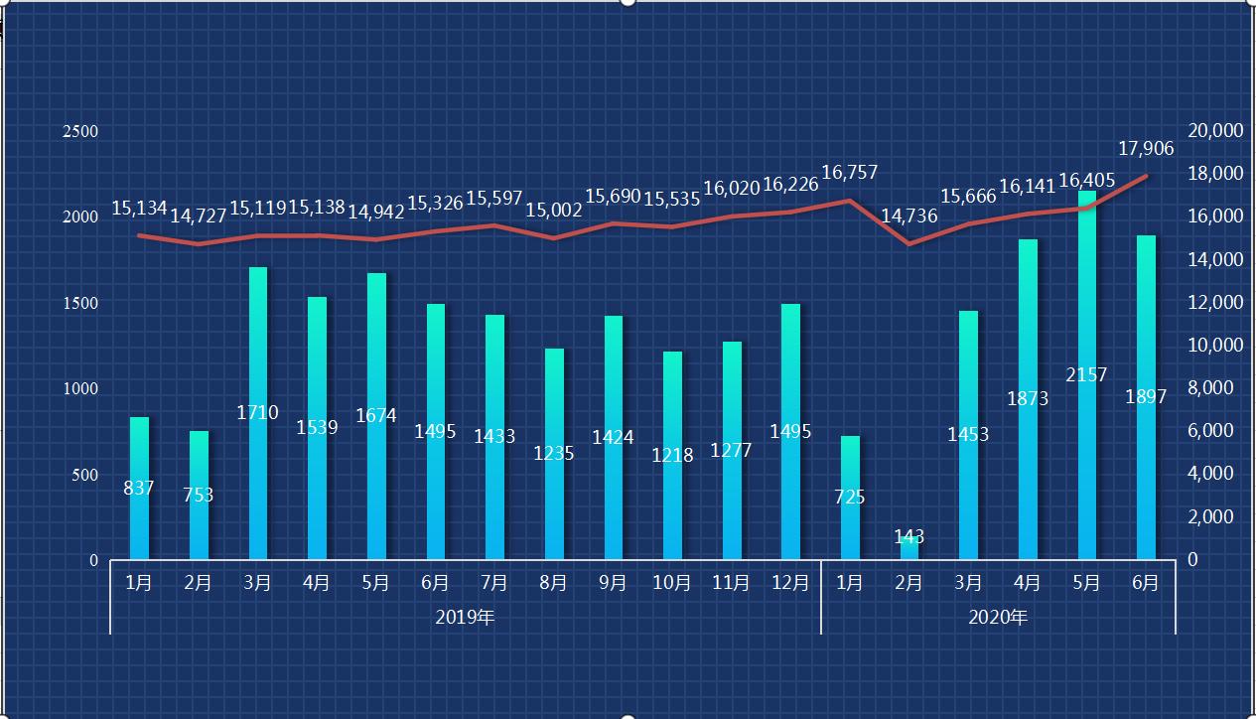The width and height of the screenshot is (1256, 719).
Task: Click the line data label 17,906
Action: [1146, 149]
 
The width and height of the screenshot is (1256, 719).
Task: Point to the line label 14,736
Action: [908, 216]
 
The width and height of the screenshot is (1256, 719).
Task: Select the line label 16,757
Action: [850, 173]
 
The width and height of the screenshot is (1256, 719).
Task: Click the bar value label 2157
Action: [1086, 375]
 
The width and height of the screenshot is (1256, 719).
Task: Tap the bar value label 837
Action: [139, 488]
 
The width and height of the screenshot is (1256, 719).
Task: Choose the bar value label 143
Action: [908, 536]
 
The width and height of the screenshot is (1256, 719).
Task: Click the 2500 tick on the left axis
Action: [80, 131]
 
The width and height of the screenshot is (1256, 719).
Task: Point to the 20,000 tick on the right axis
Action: [1215, 131]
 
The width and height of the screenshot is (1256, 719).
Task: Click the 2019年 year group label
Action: [465, 618]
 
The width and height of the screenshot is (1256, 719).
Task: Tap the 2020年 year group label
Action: [998, 618]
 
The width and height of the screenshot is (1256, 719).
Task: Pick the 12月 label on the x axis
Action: [790, 583]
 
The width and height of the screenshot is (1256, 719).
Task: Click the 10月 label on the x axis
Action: [672, 583]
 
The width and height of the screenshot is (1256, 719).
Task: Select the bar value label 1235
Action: [554, 453]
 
